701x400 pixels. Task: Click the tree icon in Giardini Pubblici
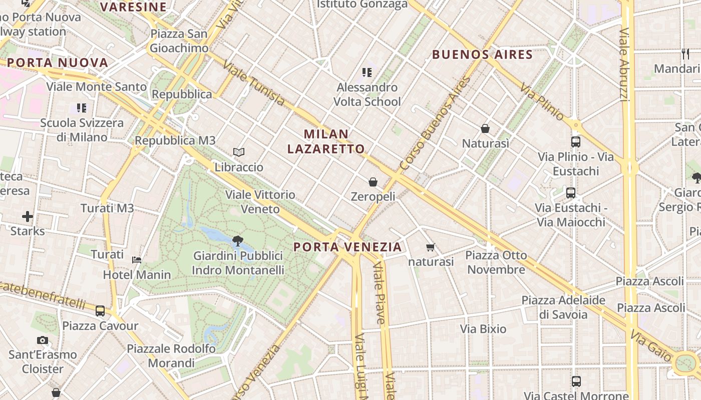tap(238, 241)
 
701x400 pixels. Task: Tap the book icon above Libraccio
tap(239, 152)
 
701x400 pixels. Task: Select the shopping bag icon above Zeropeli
tap(373, 181)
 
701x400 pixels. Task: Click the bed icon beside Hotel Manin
tap(137, 260)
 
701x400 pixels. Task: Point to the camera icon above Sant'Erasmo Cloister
tap(43, 340)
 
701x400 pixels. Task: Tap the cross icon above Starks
tap(28, 216)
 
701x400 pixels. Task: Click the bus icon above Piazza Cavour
tap(100, 311)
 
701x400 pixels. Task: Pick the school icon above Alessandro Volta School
tap(367, 72)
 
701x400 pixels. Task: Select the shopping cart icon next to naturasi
tap(430, 247)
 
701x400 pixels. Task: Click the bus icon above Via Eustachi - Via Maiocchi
tap(570, 192)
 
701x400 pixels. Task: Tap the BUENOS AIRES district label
tap(482, 54)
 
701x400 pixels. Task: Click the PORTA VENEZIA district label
tap(347, 247)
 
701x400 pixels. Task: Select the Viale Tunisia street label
tap(254, 83)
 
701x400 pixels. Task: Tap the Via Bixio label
tap(483, 329)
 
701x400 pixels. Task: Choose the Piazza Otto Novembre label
tap(496, 262)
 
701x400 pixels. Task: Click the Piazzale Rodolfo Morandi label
tap(171, 355)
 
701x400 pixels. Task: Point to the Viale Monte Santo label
tap(97, 86)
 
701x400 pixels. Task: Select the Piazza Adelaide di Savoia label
tap(563, 307)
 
